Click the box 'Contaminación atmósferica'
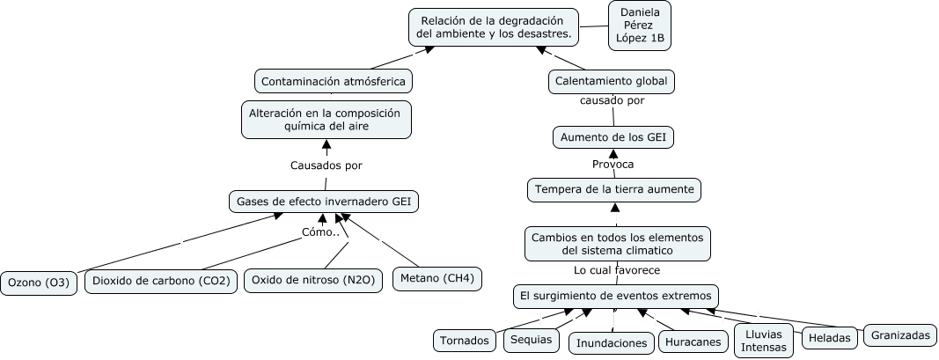click(x=334, y=82)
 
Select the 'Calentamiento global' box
click(x=612, y=82)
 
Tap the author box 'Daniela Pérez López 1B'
click(x=640, y=26)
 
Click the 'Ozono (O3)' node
click(x=39, y=283)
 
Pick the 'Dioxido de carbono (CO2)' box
click(x=162, y=281)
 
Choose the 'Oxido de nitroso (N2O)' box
click(x=313, y=280)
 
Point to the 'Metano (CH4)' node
click(x=437, y=278)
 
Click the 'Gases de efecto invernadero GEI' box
click(x=324, y=202)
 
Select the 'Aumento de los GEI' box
click(x=613, y=138)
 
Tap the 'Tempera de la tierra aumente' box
click(x=614, y=190)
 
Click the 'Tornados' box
click(x=465, y=341)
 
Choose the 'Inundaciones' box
click(x=612, y=343)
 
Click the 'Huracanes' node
click(x=693, y=342)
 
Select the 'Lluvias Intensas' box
click(x=764, y=341)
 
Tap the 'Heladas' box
click(x=829, y=339)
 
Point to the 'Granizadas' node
click(x=900, y=335)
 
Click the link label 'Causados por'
click(x=326, y=166)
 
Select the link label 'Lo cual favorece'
click(x=617, y=271)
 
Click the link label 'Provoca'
click(x=613, y=164)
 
